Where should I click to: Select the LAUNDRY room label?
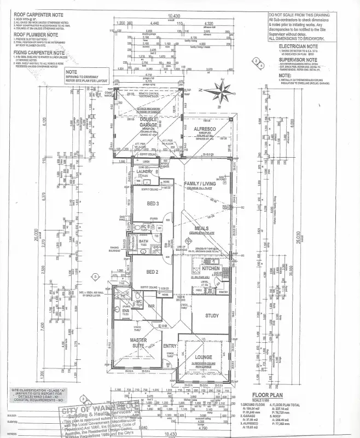145,172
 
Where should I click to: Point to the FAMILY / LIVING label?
200,183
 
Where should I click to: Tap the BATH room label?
143,241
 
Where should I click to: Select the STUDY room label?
212,315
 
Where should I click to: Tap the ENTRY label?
170,345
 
